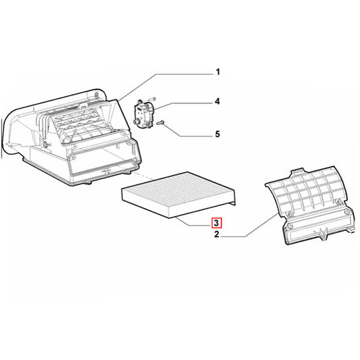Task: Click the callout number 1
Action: tap(217, 72)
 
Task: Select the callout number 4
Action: tap(217, 101)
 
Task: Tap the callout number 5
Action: tap(217, 134)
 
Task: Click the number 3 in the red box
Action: tap(216, 223)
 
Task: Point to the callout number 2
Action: tap(217, 234)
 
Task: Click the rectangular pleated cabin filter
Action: tap(178, 195)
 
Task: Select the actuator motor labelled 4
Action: tap(143, 113)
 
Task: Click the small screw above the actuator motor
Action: tap(153, 99)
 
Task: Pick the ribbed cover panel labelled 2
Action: tap(309, 205)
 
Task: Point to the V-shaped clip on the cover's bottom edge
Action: tap(322, 234)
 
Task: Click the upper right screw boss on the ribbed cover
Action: tap(338, 201)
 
